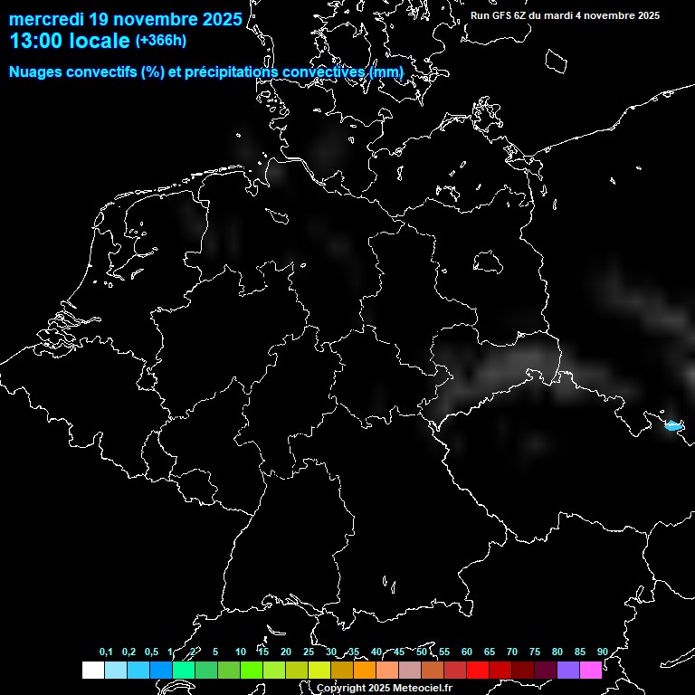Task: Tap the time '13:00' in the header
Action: tap(35, 42)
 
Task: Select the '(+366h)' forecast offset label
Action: tap(161, 41)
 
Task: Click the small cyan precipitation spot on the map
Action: tap(671, 424)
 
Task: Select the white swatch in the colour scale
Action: tap(92, 671)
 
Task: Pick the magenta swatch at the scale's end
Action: tap(590, 671)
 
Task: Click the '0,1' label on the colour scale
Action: tap(106, 652)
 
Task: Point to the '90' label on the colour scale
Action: tap(602, 652)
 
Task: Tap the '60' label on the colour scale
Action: tap(466, 652)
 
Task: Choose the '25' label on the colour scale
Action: tap(308, 652)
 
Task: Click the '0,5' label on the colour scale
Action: tap(151, 652)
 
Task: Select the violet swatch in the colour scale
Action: tap(567, 671)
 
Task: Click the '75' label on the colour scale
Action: tap(534, 652)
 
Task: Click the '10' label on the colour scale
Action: tap(240, 652)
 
